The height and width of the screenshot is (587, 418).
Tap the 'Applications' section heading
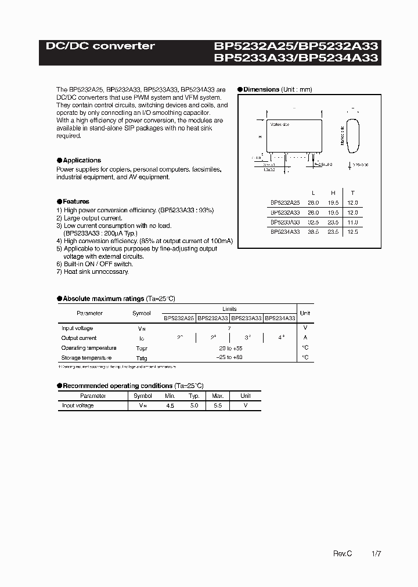81,160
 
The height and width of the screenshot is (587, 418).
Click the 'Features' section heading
75,201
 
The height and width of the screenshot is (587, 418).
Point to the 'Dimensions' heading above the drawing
261,90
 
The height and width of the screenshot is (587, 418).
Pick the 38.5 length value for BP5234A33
313,231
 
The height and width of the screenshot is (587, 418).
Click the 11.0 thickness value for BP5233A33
352,222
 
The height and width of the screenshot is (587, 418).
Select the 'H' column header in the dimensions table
333,193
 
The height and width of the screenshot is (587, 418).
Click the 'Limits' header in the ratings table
229,309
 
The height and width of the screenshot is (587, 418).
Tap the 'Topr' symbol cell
141,348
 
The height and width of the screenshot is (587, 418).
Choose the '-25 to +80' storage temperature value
229,358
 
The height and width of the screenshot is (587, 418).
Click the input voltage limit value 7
229,328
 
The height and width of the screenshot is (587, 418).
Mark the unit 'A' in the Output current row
305,338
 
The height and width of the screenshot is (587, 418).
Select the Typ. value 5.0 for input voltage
193,406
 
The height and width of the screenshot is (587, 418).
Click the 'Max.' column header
218,396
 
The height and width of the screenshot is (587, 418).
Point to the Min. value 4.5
170,406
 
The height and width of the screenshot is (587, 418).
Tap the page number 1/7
376,555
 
